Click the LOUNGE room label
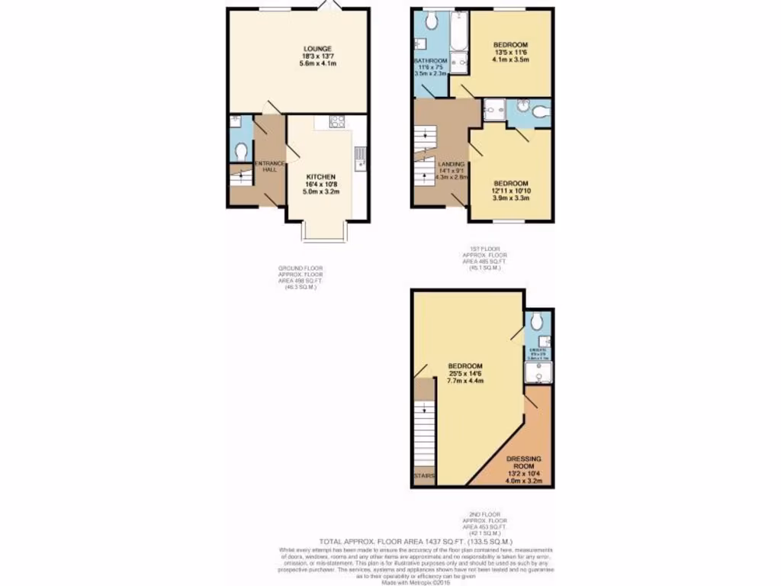click(320, 49)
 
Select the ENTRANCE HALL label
click(270, 166)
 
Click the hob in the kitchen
click(337, 121)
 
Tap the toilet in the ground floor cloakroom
click(239, 153)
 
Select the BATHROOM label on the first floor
click(430, 60)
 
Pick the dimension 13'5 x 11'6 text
click(511, 53)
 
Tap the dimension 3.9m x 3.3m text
click(510, 198)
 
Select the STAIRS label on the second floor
click(424, 477)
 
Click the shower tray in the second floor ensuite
click(539, 373)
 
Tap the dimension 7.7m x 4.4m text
click(465, 381)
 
